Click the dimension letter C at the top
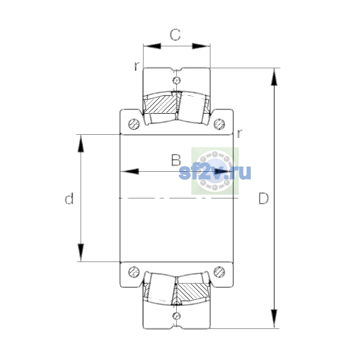point(175,35)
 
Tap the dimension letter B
point(176,160)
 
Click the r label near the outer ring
point(137,66)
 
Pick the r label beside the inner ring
point(239,133)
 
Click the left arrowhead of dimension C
point(152,46)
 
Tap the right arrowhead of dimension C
point(201,46)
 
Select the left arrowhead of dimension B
point(130,171)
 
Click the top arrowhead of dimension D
point(274,77)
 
